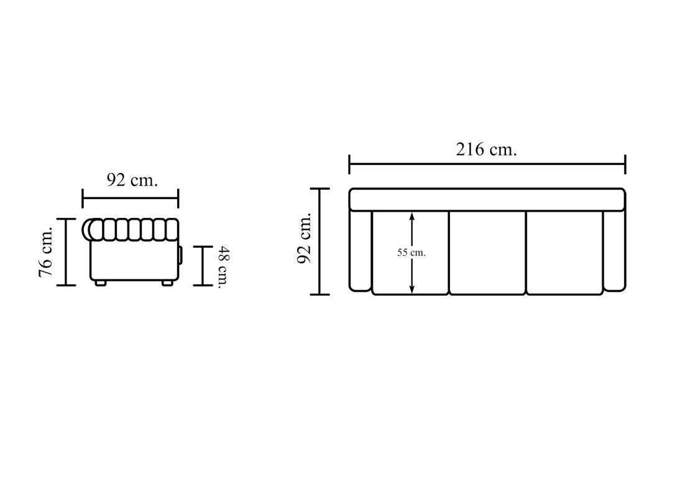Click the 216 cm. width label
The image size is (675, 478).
(486, 149)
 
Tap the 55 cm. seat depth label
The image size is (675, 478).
(411, 253)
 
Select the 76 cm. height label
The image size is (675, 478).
(45, 251)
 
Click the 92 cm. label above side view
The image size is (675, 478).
(132, 180)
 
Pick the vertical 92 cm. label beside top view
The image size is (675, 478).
(305, 238)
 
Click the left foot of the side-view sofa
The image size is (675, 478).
(100, 283)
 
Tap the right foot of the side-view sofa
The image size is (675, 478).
(167, 283)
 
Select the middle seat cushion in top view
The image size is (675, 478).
(487, 253)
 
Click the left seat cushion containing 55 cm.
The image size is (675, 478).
(410, 253)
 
